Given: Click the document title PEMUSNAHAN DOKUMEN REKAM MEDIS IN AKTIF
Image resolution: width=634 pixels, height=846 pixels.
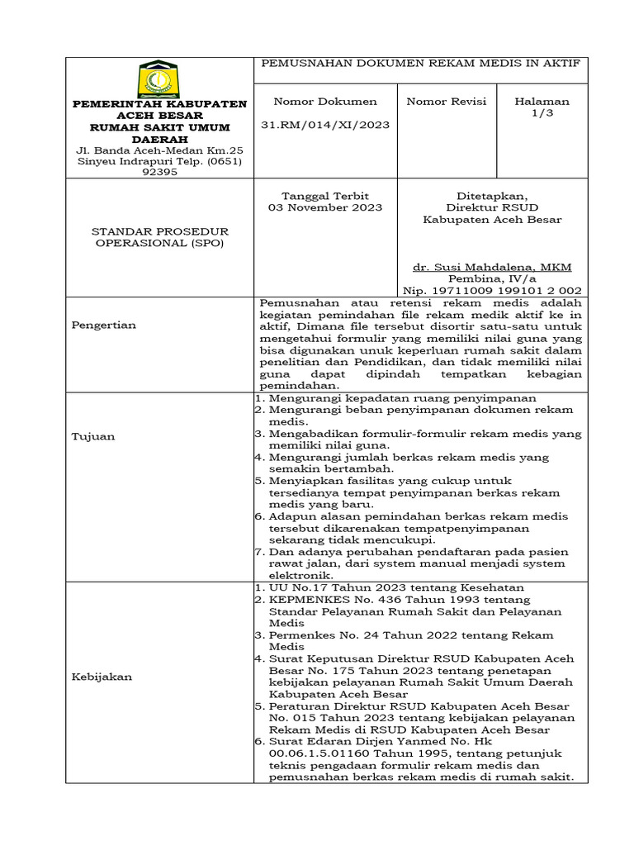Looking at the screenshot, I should click(421, 63).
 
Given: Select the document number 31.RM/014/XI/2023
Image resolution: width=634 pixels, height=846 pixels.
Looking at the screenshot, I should click(325, 125).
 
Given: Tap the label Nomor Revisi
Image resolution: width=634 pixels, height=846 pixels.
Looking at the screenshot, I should click(447, 102).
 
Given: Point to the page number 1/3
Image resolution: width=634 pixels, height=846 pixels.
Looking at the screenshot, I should click(542, 113).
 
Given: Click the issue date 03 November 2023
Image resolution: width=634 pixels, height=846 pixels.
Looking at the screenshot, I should click(325, 207).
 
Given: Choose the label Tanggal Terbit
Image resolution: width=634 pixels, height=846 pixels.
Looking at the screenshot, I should click(325, 195).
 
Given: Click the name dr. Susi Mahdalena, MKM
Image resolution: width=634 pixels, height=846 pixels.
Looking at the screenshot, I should click(492, 268).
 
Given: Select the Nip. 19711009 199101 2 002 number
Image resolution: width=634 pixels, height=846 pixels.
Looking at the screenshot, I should click(492, 291).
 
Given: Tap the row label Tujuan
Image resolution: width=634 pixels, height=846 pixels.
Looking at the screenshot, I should click(93, 436).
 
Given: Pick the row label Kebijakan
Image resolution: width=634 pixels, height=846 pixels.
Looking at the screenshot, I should click(102, 676).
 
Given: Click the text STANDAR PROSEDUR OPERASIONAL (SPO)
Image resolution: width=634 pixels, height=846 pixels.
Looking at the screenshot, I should click(160, 237).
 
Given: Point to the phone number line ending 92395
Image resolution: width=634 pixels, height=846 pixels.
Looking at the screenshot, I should click(160, 173).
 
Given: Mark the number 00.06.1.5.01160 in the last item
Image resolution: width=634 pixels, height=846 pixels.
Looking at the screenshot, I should click(319, 754).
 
